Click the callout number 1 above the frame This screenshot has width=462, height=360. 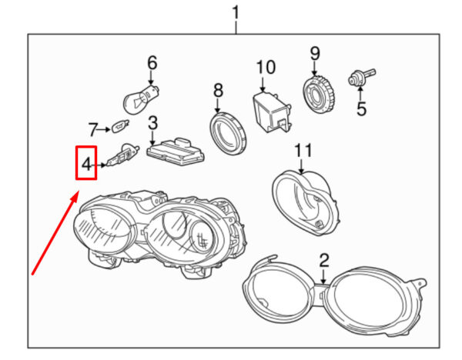(236, 13)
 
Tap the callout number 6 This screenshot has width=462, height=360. (152, 63)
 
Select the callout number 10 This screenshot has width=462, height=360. (266, 68)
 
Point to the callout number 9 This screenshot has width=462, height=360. (315, 53)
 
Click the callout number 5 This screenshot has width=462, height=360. (362, 108)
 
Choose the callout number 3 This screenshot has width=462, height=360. (152, 123)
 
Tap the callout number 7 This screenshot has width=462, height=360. (93, 129)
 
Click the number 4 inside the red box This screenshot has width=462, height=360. (86, 164)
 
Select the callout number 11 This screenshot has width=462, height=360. (303, 151)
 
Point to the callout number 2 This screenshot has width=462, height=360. (324, 260)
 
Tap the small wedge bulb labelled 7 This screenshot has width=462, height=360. (121, 127)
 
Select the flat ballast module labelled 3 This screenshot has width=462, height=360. (176, 151)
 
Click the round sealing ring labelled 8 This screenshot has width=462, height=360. (228, 134)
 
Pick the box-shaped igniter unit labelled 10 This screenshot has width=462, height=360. (273, 112)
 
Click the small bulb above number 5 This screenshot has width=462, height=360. (362, 77)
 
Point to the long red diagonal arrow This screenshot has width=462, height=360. (55, 232)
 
